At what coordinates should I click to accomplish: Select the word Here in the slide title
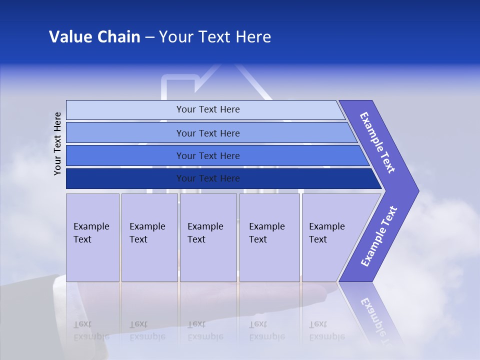(253, 37)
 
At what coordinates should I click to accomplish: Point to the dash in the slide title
(149, 37)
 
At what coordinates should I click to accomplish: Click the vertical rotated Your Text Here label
(58, 143)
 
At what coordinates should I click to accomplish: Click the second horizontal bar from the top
(208, 133)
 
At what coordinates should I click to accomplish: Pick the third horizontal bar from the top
(208, 155)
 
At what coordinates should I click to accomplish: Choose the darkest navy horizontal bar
(208, 178)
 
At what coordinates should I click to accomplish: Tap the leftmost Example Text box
(92, 237)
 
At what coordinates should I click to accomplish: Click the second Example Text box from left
(149, 237)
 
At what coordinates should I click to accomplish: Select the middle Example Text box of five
(208, 237)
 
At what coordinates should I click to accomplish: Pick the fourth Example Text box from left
(269, 237)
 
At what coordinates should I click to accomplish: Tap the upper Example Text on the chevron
(377, 142)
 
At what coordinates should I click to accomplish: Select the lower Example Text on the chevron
(379, 236)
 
